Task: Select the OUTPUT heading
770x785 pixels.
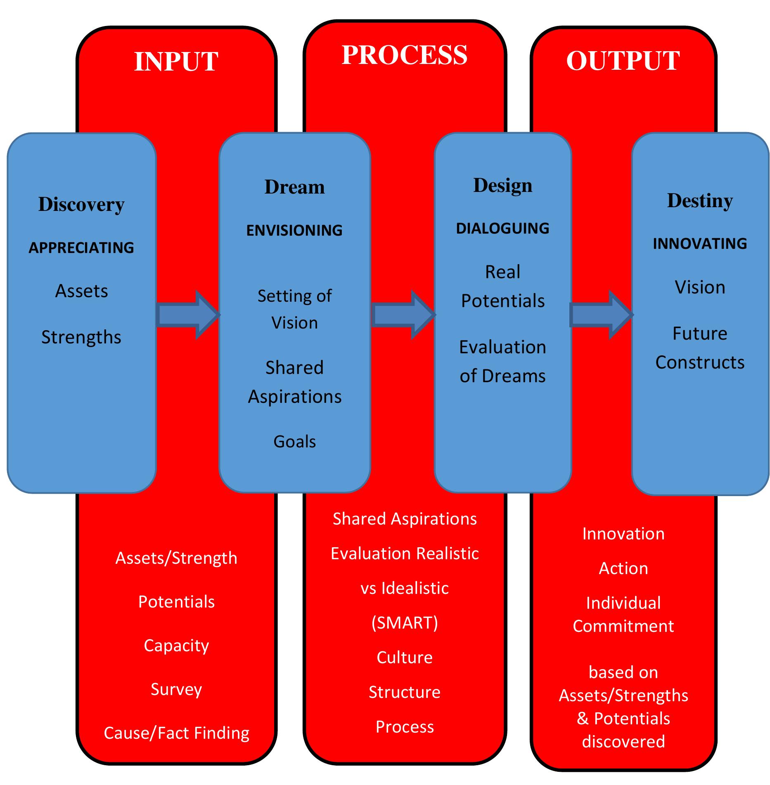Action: (x=623, y=61)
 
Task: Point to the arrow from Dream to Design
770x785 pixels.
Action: (x=403, y=315)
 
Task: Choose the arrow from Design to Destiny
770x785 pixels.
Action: (x=601, y=315)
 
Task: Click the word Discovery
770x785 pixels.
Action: (x=81, y=204)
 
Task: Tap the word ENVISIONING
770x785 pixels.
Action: (x=294, y=230)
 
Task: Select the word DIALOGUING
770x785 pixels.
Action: (x=502, y=228)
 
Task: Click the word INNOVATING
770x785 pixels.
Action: (x=700, y=244)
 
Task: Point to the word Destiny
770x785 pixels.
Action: (x=700, y=201)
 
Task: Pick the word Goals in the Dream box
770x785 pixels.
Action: (x=294, y=442)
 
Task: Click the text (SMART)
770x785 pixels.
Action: (x=404, y=622)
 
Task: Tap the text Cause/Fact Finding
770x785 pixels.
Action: (x=176, y=733)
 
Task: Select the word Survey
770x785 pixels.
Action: (x=176, y=689)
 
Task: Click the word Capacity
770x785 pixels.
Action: (x=176, y=645)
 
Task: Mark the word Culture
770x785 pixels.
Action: (x=404, y=657)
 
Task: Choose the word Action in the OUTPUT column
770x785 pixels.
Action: (x=623, y=568)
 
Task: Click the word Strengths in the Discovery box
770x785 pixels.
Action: (x=81, y=337)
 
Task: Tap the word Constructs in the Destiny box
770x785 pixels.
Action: (x=700, y=362)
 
